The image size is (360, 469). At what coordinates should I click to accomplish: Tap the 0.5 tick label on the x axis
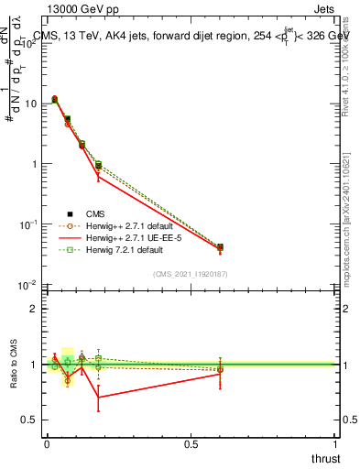coord(191,444)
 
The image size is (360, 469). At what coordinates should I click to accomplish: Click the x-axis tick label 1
coord(335,444)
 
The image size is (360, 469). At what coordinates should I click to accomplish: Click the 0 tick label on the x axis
coord(47,444)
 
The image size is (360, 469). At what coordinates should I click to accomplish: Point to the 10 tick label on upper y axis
coord(30,104)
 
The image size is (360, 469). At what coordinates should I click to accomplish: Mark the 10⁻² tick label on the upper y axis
coord(28,285)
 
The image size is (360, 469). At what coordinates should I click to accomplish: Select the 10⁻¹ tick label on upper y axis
coord(28,224)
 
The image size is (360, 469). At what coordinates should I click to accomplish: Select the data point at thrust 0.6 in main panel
coord(220,247)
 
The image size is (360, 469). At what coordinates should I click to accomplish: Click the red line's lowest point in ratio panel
coord(98,397)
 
